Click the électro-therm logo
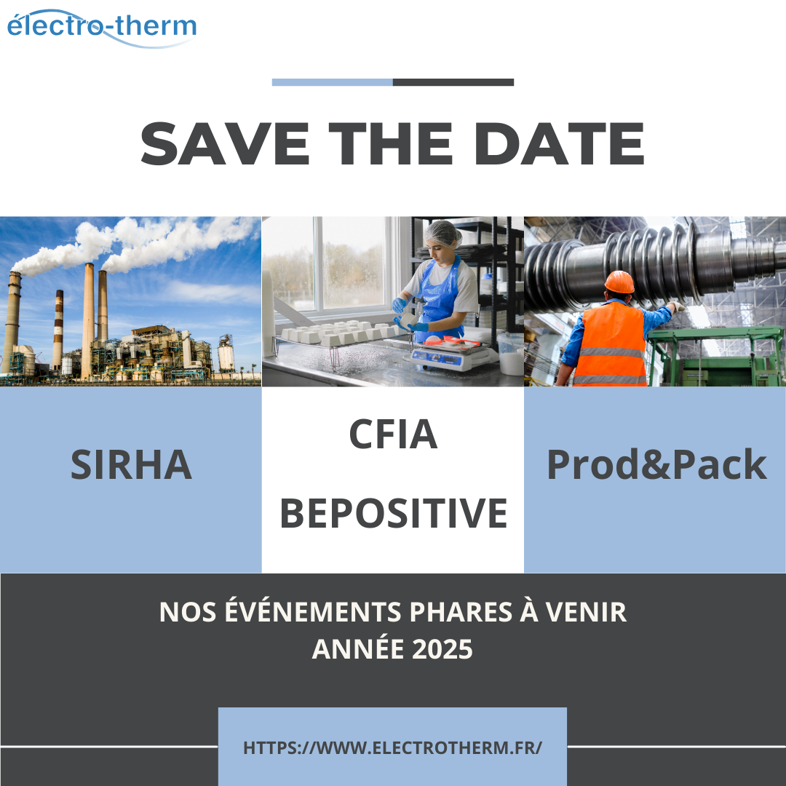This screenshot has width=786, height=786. point(102,28)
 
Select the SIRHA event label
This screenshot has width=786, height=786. point(131,464)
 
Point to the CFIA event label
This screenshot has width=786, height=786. point(393,434)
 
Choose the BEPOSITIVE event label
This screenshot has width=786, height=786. point(394,513)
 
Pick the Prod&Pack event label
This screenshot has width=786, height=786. point(656,464)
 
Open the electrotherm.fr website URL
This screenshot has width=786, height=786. point(392,747)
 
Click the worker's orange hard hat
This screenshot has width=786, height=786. point(619,282)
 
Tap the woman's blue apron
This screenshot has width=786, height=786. point(439,300)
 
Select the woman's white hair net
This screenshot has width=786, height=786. point(442,232)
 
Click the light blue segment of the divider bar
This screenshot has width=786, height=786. point(333,82)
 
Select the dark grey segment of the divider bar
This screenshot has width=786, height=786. point(453,82)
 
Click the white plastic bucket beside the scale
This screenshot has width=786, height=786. point(510,354)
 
